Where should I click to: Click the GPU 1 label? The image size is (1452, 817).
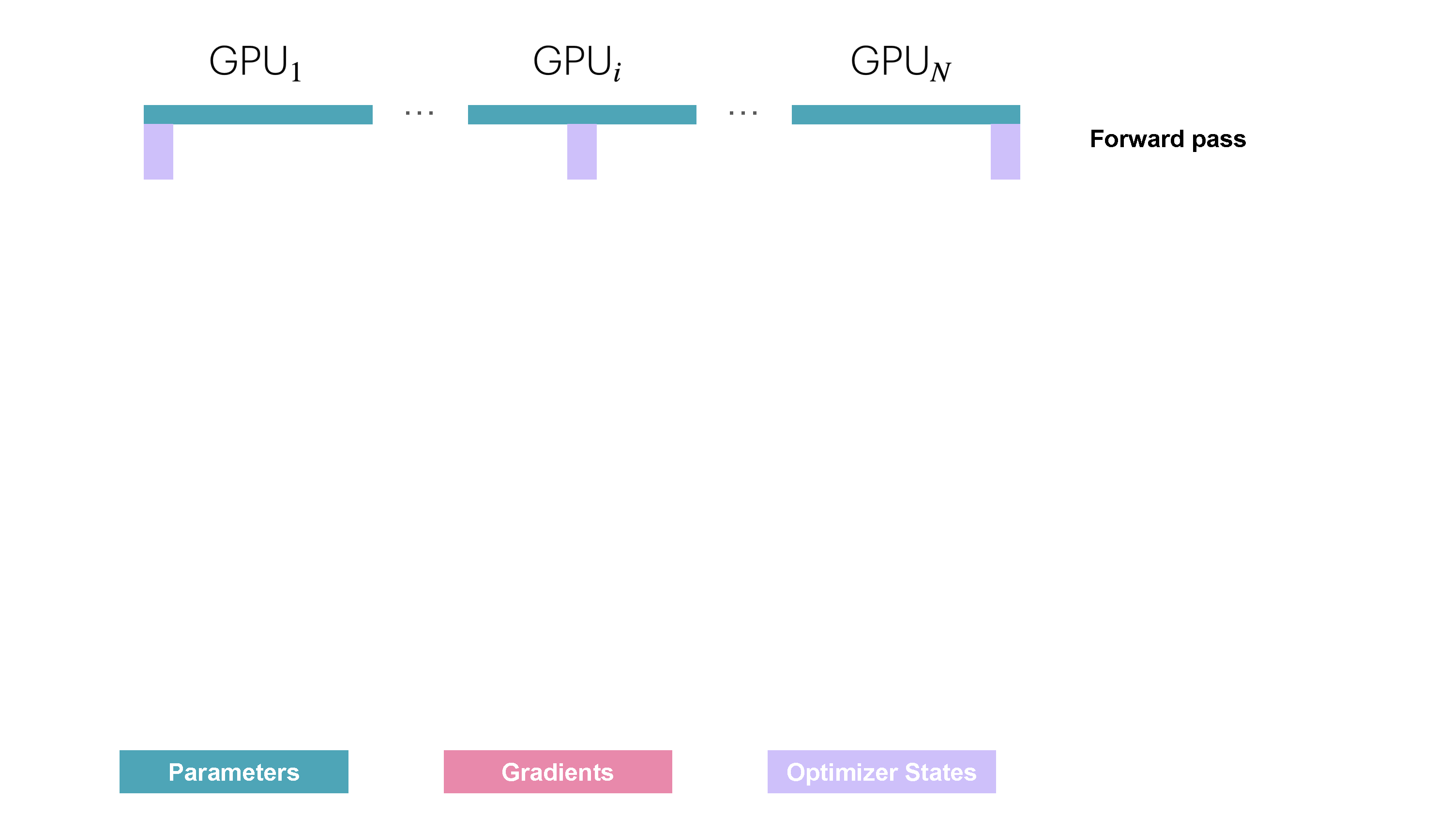(x=255, y=62)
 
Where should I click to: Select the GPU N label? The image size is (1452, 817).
(x=900, y=62)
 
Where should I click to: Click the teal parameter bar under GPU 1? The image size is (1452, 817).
(x=257, y=114)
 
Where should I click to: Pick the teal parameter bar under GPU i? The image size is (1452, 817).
(x=582, y=114)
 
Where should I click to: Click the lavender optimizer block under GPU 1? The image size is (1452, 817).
(x=158, y=151)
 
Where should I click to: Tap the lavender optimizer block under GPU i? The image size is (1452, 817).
(x=582, y=151)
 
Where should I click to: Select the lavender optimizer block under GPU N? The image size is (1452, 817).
(x=1005, y=151)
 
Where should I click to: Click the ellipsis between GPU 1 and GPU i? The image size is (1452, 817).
(x=419, y=113)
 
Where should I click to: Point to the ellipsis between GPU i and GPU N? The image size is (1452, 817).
(x=743, y=113)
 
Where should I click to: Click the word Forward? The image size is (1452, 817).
(x=1136, y=139)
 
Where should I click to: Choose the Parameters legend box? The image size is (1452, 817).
(x=233, y=772)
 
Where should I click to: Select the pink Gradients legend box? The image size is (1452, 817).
(x=558, y=772)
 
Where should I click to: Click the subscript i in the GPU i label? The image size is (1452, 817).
(x=617, y=73)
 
